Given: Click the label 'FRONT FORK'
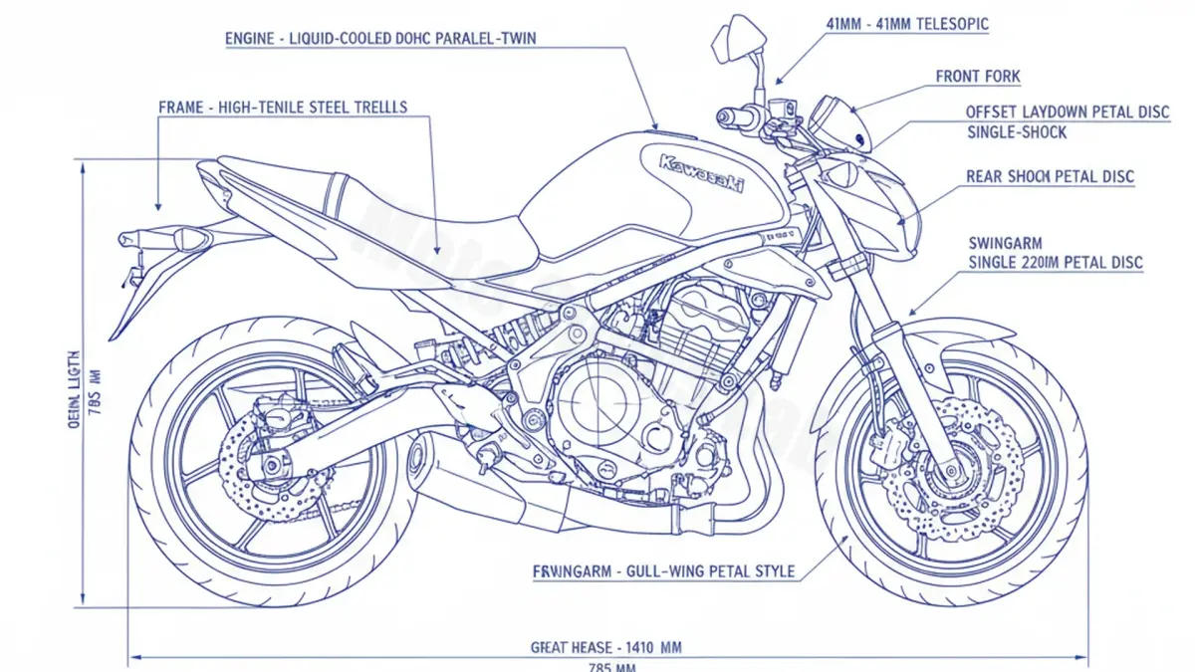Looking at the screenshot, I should click(x=977, y=77).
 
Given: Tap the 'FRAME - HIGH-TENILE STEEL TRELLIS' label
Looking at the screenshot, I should click(x=283, y=107).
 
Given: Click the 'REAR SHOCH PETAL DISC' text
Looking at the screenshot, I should click(x=1050, y=177).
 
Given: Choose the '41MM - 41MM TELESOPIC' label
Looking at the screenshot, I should click(x=907, y=24).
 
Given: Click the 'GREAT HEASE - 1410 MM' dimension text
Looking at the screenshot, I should click(x=606, y=647).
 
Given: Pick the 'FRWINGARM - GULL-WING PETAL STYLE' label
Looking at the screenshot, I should click(x=664, y=571).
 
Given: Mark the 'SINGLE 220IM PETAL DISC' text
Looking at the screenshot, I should click(x=1056, y=263).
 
